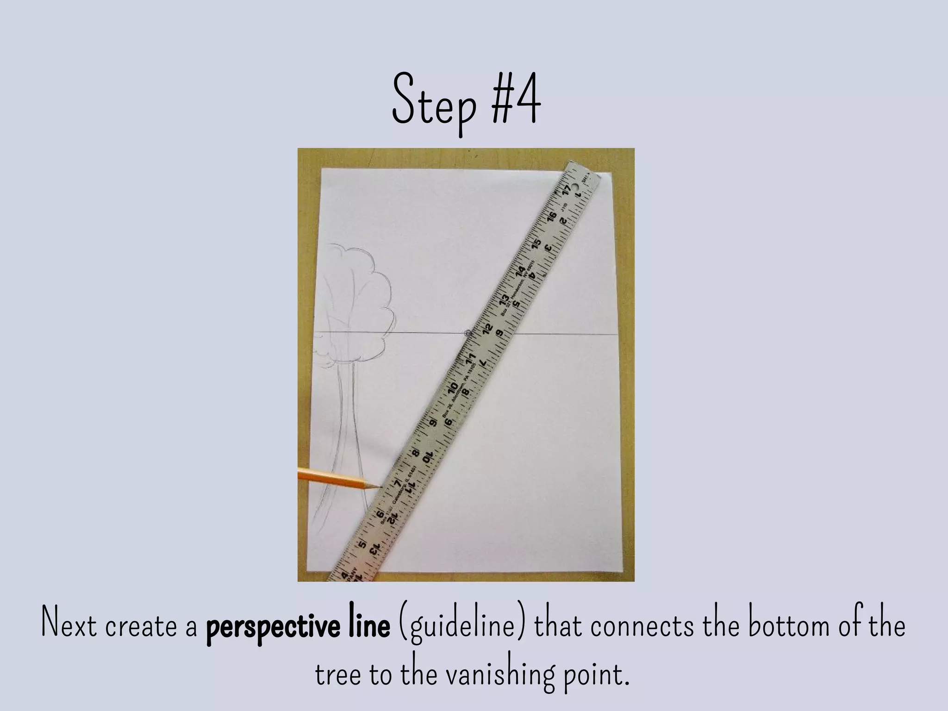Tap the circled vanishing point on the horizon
click(x=468, y=332)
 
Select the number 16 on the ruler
click(x=551, y=217)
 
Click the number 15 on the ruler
click(x=536, y=243)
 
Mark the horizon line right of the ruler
click(x=565, y=333)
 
